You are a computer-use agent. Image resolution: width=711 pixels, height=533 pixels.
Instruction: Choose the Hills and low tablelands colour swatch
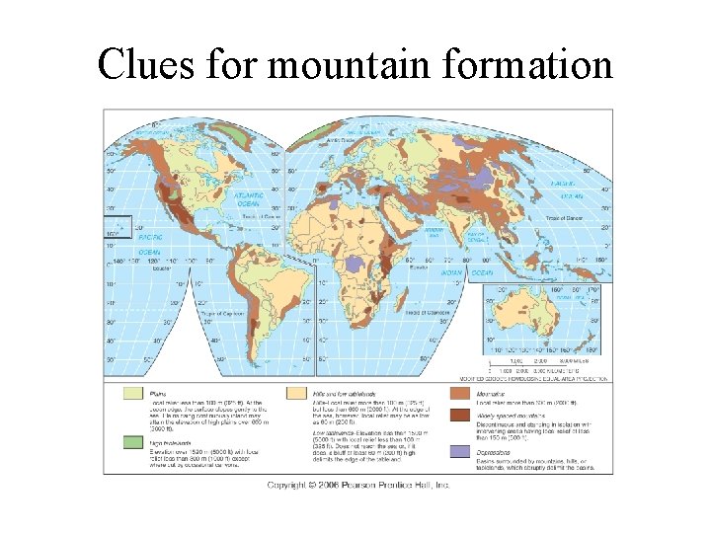(x=295, y=395)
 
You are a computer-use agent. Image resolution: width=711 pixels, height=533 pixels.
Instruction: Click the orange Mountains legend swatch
(x=460, y=395)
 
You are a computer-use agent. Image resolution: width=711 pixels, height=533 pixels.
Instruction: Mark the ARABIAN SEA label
(x=434, y=233)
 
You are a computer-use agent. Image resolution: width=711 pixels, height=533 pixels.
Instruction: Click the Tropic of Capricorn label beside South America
(x=226, y=312)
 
